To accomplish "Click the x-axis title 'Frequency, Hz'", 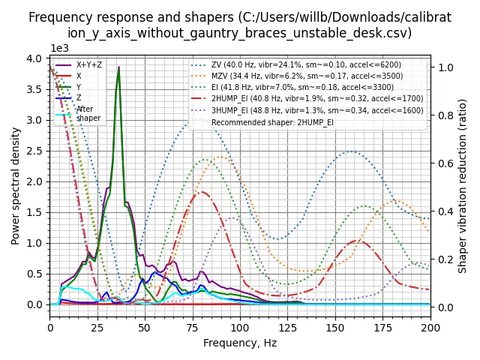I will tap(240, 343).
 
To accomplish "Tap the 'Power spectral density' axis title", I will tap(16, 185).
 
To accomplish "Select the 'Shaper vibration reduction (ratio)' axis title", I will tap(463, 185).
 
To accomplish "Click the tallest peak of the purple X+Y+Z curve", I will tap(118, 68).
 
